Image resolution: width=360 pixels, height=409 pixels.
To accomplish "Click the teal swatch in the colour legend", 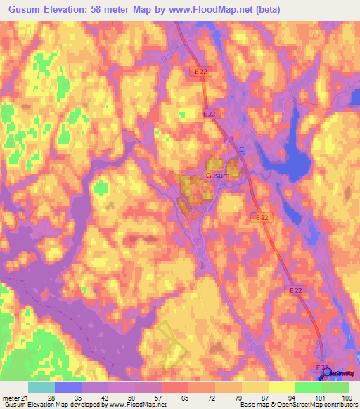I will tap(41, 388).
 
